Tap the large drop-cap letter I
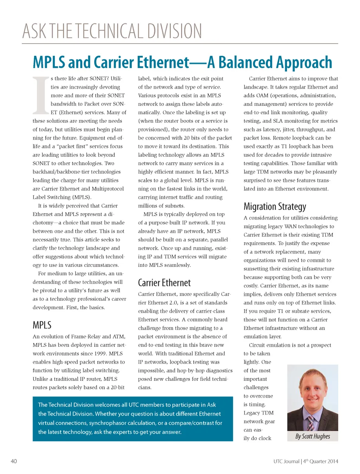41,95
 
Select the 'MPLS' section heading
42,325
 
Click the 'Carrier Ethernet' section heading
164,283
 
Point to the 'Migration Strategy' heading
275,206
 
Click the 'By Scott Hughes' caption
313,436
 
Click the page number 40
14,461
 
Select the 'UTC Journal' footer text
287,461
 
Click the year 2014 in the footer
332,461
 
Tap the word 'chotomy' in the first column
43,223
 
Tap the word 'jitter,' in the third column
288,129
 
